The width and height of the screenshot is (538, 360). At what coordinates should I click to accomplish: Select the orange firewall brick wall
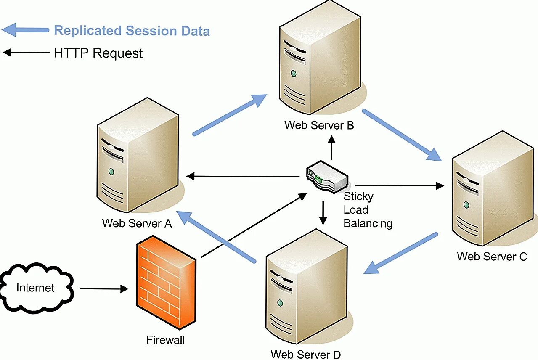pos(165,282)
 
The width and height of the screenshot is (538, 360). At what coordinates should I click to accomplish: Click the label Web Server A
pos(137,223)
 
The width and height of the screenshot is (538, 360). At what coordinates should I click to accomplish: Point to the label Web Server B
pos(319,125)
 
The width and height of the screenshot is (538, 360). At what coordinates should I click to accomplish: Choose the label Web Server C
pos(492,256)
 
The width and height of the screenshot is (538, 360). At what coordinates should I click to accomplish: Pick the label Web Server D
pos(305,354)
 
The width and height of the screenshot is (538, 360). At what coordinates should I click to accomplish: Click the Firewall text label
pos(165,340)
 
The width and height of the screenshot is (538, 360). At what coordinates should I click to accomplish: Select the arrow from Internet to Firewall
pos(103,289)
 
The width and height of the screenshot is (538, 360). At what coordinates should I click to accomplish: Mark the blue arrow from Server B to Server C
pos(402,135)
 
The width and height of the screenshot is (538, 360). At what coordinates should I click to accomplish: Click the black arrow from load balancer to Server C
pos(400,185)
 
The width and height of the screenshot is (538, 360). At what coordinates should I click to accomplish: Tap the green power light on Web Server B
pos(293,74)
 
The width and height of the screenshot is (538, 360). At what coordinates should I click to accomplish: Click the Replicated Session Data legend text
pos(132,31)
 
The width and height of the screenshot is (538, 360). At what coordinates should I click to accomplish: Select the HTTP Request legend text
pos(98,53)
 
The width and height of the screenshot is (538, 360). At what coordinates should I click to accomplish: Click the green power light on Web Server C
pos(466,205)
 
